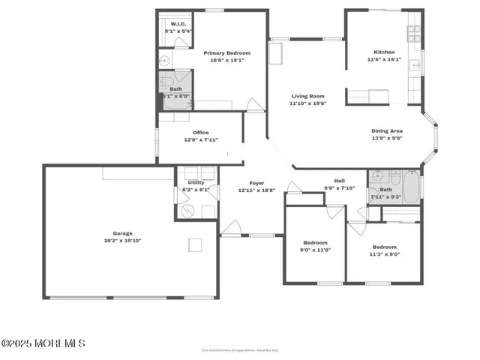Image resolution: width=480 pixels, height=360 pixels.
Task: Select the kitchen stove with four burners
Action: point(412,33)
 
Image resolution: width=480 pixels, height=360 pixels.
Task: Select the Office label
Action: point(200,133)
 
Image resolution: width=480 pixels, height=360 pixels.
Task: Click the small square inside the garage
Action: point(196,245)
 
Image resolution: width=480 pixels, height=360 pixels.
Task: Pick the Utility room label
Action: point(196,182)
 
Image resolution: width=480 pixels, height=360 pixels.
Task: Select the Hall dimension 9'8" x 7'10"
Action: point(339,188)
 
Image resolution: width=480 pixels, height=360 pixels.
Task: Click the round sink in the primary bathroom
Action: point(163,61)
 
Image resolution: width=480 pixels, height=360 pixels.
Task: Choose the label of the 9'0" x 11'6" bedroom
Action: point(315,243)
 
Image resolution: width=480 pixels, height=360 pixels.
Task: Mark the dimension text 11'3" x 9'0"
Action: point(385,254)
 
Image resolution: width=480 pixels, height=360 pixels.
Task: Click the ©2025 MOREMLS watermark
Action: point(43,343)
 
